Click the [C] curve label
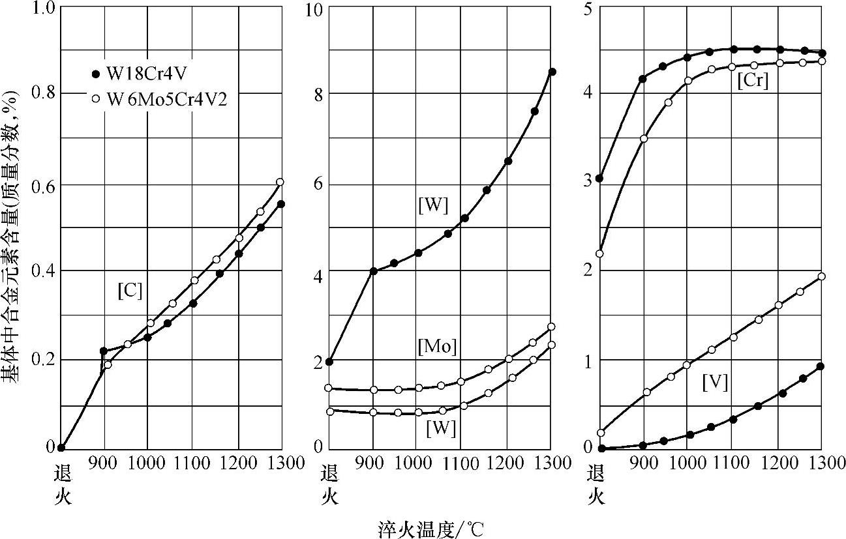point(130,291)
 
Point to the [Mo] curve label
point(436,347)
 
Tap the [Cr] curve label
point(755,82)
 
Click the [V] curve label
point(715,383)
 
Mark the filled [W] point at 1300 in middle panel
point(551,72)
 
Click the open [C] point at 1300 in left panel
point(280,182)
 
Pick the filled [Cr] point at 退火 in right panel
point(599,179)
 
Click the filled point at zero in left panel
point(61,448)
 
